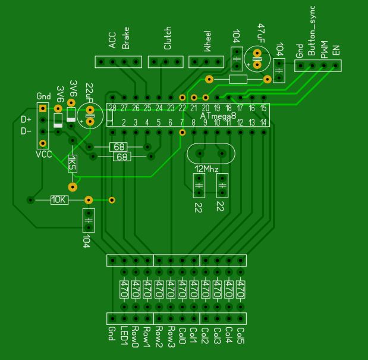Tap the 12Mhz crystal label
tap(207, 170)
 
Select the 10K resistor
tap(59, 200)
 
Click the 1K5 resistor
tap(72, 163)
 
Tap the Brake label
tap(125, 37)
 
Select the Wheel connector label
tap(207, 43)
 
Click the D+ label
tap(26, 120)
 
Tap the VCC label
tap(43, 154)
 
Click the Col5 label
tap(241, 337)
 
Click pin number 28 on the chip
tap(112, 108)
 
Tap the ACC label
tap(112, 40)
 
